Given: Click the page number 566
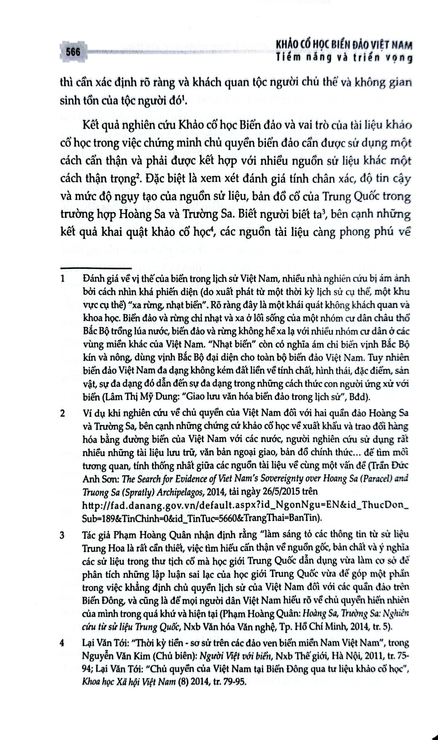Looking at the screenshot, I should coord(73,52).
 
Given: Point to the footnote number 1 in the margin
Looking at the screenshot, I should coord(63,279).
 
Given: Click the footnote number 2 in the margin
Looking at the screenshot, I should coord(63,413).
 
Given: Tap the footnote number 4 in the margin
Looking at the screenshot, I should coord(63,643).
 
